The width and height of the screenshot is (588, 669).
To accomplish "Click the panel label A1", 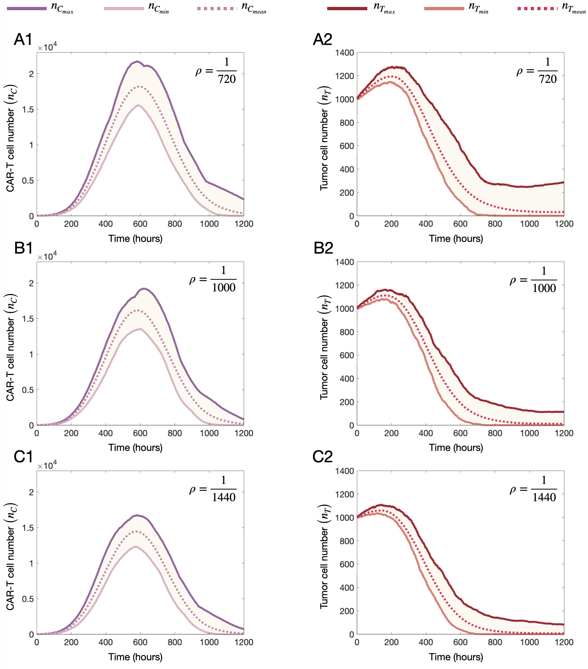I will click(x=23, y=39).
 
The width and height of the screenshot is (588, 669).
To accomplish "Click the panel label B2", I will click(x=323, y=248).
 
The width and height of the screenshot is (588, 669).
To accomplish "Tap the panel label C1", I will click(x=23, y=457).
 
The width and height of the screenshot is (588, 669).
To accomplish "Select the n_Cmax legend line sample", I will click(x=27, y=8).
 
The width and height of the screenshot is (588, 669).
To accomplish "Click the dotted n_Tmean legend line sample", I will click(x=537, y=8).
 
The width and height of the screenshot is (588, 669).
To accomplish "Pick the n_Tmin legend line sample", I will click(x=444, y=8).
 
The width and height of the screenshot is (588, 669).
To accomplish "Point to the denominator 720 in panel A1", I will click(x=227, y=79).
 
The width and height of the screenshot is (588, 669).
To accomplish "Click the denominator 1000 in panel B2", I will click(x=544, y=288).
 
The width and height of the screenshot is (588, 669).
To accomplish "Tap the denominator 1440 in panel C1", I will click(x=224, y=497).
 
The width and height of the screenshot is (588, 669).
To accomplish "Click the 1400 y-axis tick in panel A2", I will click(x=344, y=53).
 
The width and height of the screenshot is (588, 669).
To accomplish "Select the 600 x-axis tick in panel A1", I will click(x=140, y=224).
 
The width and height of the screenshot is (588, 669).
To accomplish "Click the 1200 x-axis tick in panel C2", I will click(x=564, y=642).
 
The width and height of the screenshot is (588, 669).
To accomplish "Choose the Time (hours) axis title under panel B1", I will click(x=135, y=448).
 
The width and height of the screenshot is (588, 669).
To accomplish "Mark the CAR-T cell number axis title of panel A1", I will click(x=11, y=139).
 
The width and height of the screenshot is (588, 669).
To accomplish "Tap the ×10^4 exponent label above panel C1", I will click(x=47, y=465).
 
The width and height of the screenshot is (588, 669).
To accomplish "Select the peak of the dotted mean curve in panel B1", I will click(x=139, y=310).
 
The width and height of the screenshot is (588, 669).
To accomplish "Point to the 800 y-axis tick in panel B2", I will click(x=347, y=332).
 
